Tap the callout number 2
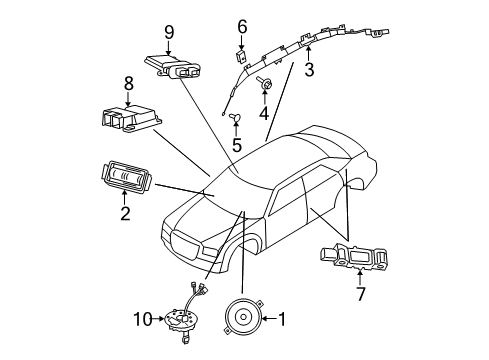125,213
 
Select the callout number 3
309,69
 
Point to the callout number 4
264,112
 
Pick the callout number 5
236,144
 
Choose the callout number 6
241,26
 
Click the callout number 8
128,84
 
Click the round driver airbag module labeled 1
240,319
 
